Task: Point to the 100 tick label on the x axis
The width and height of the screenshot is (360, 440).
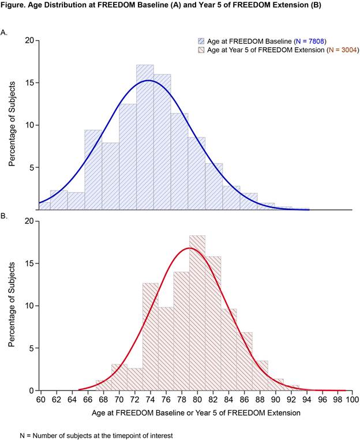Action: [351, 399]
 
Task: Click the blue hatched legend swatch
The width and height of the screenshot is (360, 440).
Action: [201, 42]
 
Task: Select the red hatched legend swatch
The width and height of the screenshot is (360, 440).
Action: [201, 50]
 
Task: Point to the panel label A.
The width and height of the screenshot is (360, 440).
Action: [5, 33]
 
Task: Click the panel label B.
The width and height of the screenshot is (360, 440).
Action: [5, 216]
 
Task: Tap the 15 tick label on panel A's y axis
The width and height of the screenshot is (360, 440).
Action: [29, 82]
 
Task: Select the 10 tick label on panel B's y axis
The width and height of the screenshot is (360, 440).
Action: [29, 306]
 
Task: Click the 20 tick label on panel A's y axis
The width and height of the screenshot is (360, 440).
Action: [29, 40]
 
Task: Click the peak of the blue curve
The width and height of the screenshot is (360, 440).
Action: [148, 80]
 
